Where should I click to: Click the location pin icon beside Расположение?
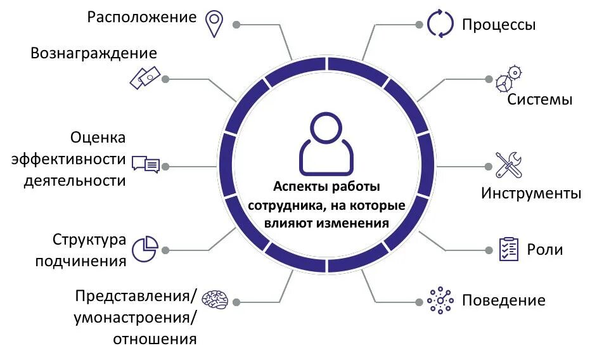(x=214, y=23)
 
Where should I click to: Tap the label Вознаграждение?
(x=94, y=53)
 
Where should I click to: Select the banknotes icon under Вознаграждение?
(x=144, y=77)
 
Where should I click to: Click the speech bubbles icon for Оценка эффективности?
(x=146, y=164)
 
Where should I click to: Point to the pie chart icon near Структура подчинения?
(x=145, y=248)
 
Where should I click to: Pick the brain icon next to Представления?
(x=215, y=300)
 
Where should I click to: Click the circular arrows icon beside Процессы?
(x=440, y=23)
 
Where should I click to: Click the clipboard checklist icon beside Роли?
(x=508, y=248)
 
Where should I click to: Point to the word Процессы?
(x=499, y=25)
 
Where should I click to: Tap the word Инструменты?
(x=530, y=193)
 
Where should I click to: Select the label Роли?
(x=544, y=249)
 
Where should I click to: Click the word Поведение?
(x=503, y=300)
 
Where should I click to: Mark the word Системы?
(x=540, y=100)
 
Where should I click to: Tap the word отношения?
(x=155, y=338)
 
